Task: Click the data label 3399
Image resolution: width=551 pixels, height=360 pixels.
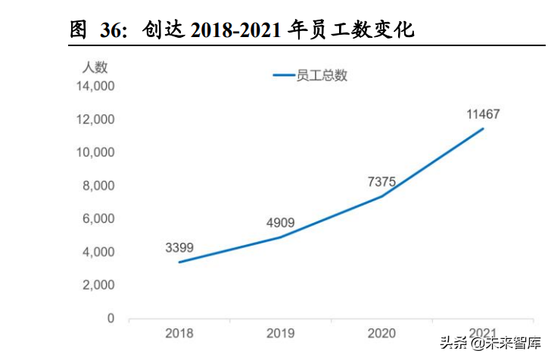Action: (179, 247)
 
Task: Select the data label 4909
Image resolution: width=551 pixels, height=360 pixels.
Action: (280, 222)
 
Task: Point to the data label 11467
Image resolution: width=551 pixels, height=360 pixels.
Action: (484, 114)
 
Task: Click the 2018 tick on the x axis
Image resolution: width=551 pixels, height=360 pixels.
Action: (179, 333)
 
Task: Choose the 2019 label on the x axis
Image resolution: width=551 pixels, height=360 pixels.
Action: (281, 333)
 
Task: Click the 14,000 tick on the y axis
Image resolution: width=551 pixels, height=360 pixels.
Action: (95, 86)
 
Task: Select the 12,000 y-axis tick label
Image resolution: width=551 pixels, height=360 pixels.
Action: (95, 119)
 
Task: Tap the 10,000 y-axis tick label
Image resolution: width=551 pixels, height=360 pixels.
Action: (95, 153)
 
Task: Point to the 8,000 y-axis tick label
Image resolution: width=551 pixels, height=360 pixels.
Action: (98, 186)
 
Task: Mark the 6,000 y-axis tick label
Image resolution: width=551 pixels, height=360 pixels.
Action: (98, 219)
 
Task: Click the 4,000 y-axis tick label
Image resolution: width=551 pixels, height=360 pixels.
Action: (98, 253)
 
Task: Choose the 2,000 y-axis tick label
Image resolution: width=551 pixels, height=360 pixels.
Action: (98, 286)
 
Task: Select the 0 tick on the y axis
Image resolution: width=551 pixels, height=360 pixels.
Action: (111, 319)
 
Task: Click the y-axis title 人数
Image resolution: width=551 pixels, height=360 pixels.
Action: (95, 66)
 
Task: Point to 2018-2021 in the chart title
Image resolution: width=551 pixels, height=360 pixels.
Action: (239, 31)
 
